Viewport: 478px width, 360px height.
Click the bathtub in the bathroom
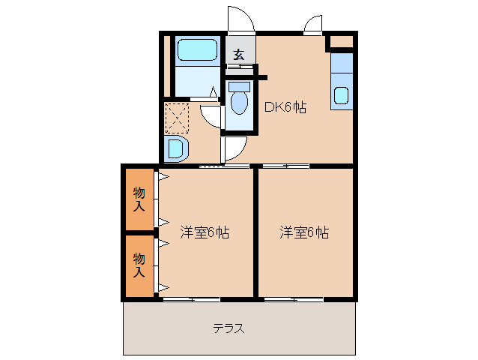click(x=196, y=50)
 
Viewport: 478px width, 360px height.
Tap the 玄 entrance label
click(x=238, y=55)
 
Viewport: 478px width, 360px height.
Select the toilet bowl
click(x=239, y=102)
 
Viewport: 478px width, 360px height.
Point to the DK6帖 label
click(x=285, y=106)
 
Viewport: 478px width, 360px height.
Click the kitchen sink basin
click(x=341, y=96)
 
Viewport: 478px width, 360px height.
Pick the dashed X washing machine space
click(x=177, y=118)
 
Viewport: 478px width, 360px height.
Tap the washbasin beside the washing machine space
click(x=176, y=148)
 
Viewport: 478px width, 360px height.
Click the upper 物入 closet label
click(x=139, y=199)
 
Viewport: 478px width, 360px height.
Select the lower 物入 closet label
click(x=139, y=265)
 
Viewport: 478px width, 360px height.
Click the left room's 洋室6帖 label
click(x=205, y=232)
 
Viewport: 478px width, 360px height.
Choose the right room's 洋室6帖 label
click(x=304, y=232)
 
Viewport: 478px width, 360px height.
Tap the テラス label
click(x=229, y=328)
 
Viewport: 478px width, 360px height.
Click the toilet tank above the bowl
click(x=239, y=87)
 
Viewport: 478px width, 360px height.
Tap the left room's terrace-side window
click(x=180, y=299)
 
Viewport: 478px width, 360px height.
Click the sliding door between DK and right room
click(x=285, y=165)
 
